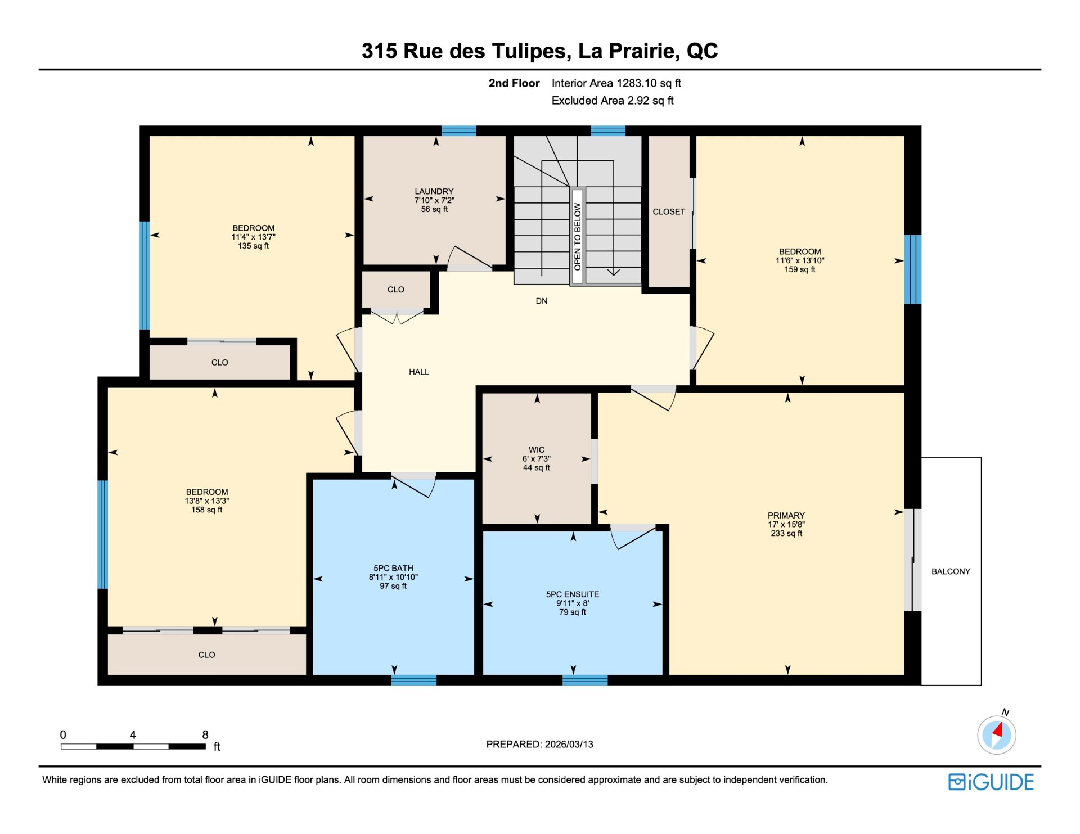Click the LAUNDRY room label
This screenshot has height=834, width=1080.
(434, 191)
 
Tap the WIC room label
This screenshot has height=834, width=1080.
(537, 450)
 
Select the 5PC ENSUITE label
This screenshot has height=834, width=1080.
(573, 594)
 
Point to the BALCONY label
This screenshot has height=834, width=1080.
(951, 571)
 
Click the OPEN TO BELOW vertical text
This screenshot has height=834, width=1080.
(577, 236)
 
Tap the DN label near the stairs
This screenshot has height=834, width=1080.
(542, 301)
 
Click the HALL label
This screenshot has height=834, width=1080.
(419, 372)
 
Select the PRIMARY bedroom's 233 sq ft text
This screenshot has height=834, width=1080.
(786, 533)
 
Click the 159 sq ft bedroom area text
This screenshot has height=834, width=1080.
(800, 269)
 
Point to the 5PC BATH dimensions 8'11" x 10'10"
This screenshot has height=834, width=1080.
(393, 577)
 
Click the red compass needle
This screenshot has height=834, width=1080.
(998, 730)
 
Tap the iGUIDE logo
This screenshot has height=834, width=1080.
(991, 782)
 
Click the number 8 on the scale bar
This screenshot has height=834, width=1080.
(205, 734)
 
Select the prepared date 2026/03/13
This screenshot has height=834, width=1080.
(569, 744)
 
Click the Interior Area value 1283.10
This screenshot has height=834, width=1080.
(636, 83)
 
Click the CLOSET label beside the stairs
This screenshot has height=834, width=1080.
(669, 211)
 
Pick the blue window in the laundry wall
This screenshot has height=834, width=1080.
(458, 131)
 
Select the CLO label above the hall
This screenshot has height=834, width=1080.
(395, 290)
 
